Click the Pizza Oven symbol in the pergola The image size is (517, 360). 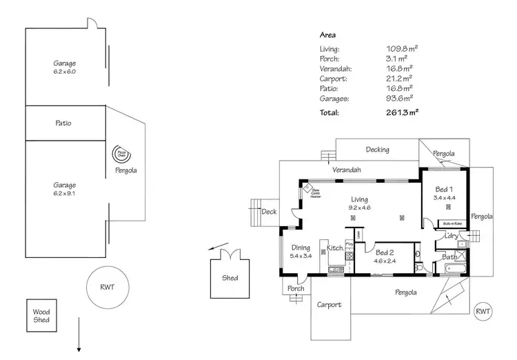121,154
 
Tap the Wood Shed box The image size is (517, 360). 41,316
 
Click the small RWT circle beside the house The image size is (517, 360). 484,312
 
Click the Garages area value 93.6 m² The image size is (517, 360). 400,99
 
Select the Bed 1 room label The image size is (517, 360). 443,189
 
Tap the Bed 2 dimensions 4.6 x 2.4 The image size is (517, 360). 385,261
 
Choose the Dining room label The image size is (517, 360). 301,248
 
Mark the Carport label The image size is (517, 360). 330,304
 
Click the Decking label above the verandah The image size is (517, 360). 377,150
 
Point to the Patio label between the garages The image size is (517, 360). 63,123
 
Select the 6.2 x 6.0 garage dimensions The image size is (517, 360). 65,72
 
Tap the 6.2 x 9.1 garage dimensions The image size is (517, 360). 65,194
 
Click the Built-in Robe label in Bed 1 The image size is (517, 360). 452,224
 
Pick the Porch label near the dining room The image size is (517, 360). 295,289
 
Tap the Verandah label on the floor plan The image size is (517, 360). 347,170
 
